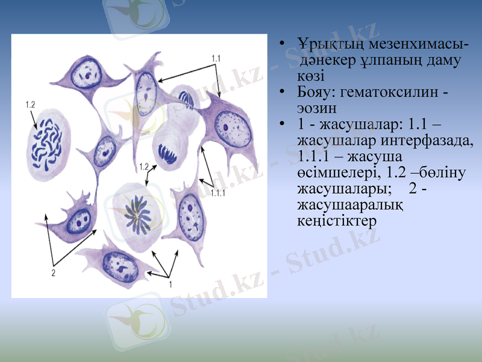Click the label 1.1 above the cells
[x=216, y=58]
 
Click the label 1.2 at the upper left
[x=30, y=105]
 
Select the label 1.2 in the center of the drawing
[x=143, y=166]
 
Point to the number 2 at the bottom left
[x=53, y=273]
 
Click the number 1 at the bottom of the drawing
[x=170, y=282]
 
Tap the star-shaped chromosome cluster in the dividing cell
[x=139, y=212]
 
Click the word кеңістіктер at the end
[x=337, y=221]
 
